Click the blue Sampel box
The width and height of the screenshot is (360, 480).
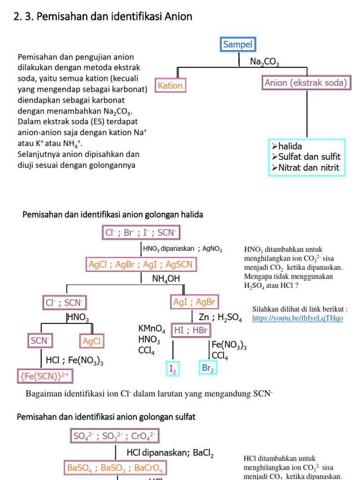click(238, 45)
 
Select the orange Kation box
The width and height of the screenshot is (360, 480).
click(170, 85)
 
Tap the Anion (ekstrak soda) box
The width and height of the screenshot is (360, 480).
click(306, 83)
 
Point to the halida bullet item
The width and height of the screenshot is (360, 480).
click(290, 147)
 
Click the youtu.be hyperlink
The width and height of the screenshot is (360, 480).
click(297, 318)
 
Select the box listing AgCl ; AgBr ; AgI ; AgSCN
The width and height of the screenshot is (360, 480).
click(141, 264)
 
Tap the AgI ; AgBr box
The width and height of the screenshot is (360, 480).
click(194, 302)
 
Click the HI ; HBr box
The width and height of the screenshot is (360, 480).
click(190, 330)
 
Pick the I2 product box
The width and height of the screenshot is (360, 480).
click(173, 369)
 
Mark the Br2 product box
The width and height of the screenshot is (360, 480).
click(208, 368)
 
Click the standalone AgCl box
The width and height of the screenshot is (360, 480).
click(92, 341)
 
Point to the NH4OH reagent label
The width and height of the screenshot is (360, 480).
click(166, 279)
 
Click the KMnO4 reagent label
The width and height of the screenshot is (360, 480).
click(151, 328)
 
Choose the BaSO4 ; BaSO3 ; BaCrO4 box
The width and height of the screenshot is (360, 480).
click(115, 467)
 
